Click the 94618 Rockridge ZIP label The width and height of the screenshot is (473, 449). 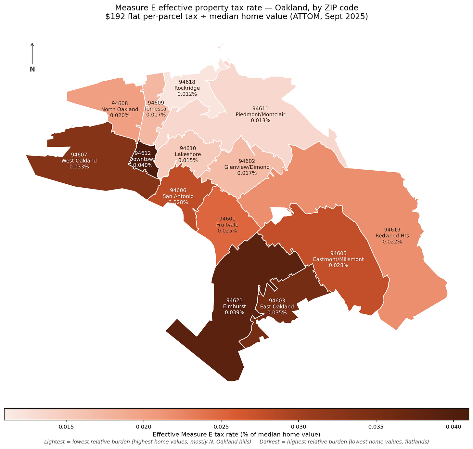187,88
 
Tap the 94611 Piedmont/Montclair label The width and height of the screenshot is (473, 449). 260,114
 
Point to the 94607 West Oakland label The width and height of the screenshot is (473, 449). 79,161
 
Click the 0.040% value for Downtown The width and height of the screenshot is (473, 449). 143,165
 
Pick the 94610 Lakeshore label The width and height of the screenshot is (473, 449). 188,154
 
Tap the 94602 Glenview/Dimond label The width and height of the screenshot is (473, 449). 247,167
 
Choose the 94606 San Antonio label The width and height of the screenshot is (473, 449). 178,196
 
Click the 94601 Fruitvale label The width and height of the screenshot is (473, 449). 227,225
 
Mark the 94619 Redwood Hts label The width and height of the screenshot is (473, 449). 392,236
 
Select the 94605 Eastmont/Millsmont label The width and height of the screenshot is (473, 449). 338,259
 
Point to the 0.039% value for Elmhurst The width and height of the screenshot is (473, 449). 234,312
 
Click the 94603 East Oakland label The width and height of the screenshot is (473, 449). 277,307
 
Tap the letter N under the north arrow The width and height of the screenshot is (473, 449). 32,69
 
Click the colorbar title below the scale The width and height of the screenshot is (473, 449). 236,434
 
